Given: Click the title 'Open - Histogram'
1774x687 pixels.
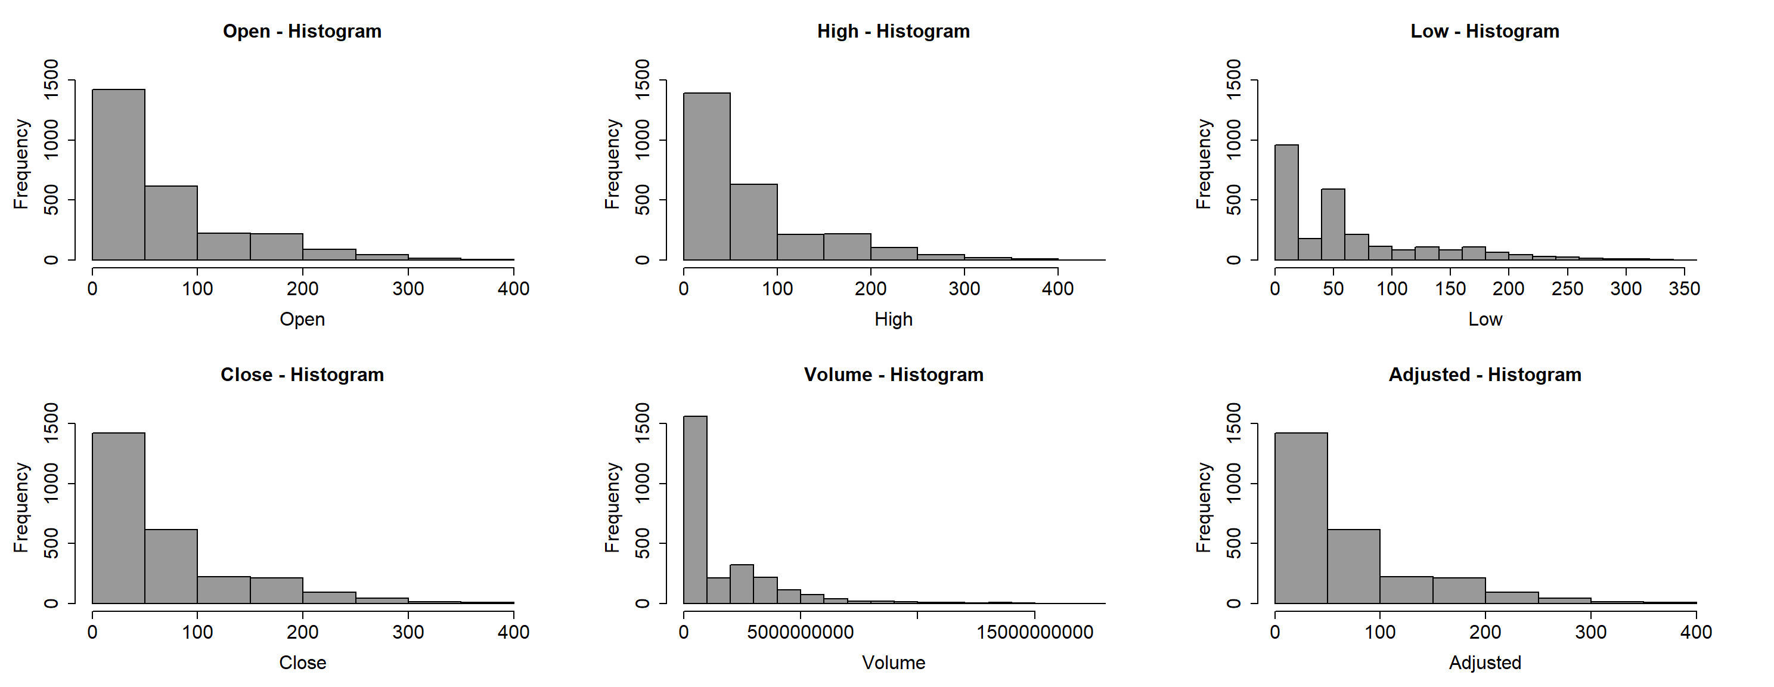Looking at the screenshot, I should (x=302, y=32).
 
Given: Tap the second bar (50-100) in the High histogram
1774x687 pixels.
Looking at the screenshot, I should (x=754, y=222).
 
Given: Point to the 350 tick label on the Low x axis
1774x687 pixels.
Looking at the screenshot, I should (x=1684, y=289).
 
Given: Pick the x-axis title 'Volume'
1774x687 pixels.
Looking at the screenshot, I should (x=893, y=663).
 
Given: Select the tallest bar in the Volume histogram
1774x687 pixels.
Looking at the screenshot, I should (x=695, y=510).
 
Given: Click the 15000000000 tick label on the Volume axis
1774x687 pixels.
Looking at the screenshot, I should (x=1034, y=633).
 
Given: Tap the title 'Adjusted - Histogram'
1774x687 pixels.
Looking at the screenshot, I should (x=1485, y=375).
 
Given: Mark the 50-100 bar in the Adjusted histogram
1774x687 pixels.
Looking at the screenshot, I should (x=1354, y=567).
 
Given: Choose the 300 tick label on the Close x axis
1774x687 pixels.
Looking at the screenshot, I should (x=408, y=633).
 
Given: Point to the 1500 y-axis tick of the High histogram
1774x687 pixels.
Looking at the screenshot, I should (x=642, y=80).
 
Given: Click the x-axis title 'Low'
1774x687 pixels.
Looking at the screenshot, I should (x=1485, y=320).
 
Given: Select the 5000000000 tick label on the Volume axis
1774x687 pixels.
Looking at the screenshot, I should (x=800, y=633).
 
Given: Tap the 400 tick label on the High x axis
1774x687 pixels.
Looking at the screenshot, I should (x=1058, y=289).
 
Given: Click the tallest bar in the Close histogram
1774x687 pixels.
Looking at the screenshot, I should (x=119, y=518).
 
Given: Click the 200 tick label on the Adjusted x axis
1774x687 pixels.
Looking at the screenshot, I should (x=1485, y=633).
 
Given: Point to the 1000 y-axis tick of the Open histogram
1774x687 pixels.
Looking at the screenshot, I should (x=51, y=140).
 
